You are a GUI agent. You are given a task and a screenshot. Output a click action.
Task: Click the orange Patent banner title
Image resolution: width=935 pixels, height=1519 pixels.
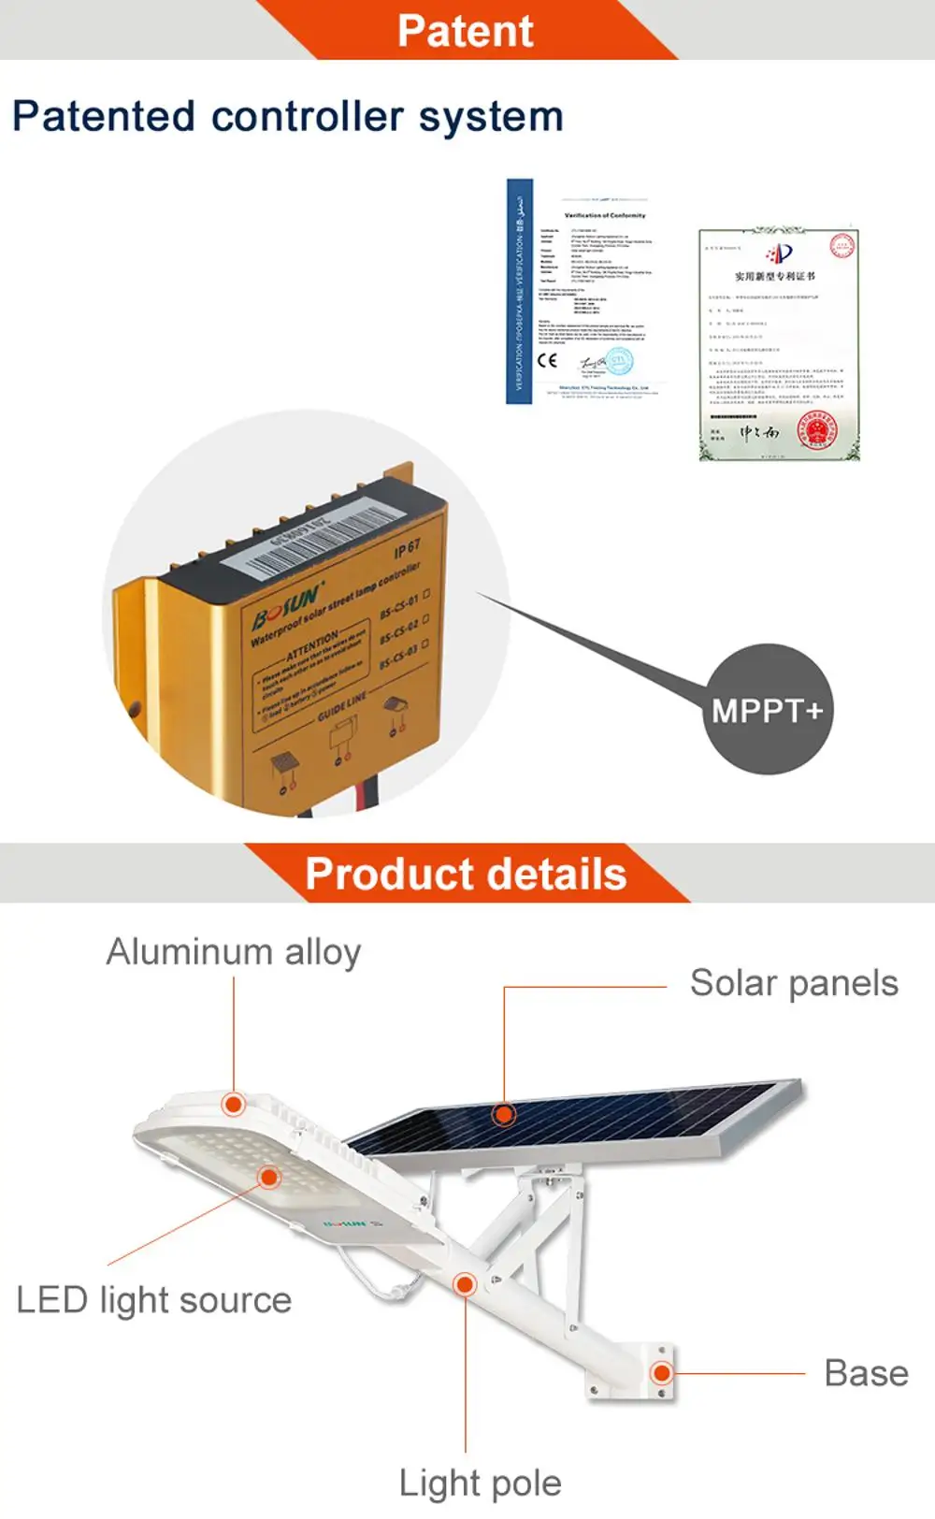(465, 31)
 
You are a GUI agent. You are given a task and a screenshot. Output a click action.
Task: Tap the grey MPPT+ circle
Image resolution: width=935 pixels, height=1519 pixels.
(767, 710)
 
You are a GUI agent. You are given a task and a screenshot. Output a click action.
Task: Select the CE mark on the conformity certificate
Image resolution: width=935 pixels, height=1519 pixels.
(548, 361)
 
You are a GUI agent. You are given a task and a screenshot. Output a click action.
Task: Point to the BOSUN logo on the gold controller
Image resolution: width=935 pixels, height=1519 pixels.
(286, 602)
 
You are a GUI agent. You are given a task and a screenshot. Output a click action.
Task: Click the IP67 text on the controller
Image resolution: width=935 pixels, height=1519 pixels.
(407, 549)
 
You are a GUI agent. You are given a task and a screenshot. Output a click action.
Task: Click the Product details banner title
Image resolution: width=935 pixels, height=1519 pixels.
(466, 875)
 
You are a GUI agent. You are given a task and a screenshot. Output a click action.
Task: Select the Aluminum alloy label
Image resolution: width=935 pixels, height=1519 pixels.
(234, 952)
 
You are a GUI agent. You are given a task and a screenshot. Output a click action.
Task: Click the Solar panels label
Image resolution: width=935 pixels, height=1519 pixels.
(794, 983)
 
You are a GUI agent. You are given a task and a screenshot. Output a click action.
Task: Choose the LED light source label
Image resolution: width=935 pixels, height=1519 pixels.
(154, 1300)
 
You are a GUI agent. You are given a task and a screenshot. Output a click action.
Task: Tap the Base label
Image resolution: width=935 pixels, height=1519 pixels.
(866, 1373)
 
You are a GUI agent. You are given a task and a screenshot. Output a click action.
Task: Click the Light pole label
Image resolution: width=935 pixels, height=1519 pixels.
(480, 1483)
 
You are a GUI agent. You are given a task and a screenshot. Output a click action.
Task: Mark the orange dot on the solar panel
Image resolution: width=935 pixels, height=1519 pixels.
(504, 1114)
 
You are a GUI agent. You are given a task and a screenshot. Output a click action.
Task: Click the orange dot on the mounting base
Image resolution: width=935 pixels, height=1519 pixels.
(662, 1373)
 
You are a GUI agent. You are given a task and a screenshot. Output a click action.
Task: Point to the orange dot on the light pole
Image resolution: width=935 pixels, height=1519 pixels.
(465, 1284)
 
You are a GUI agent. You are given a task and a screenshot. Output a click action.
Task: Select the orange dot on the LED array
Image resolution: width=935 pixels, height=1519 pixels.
(269, 1178)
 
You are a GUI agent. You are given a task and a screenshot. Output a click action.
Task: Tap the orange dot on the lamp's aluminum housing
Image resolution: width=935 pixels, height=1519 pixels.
(234, 1105)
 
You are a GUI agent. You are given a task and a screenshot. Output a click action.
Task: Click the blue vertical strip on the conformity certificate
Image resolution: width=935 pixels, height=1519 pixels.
(519, 291)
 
